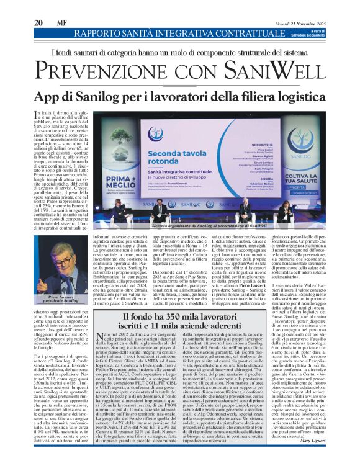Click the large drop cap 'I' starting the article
click(36, 115)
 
